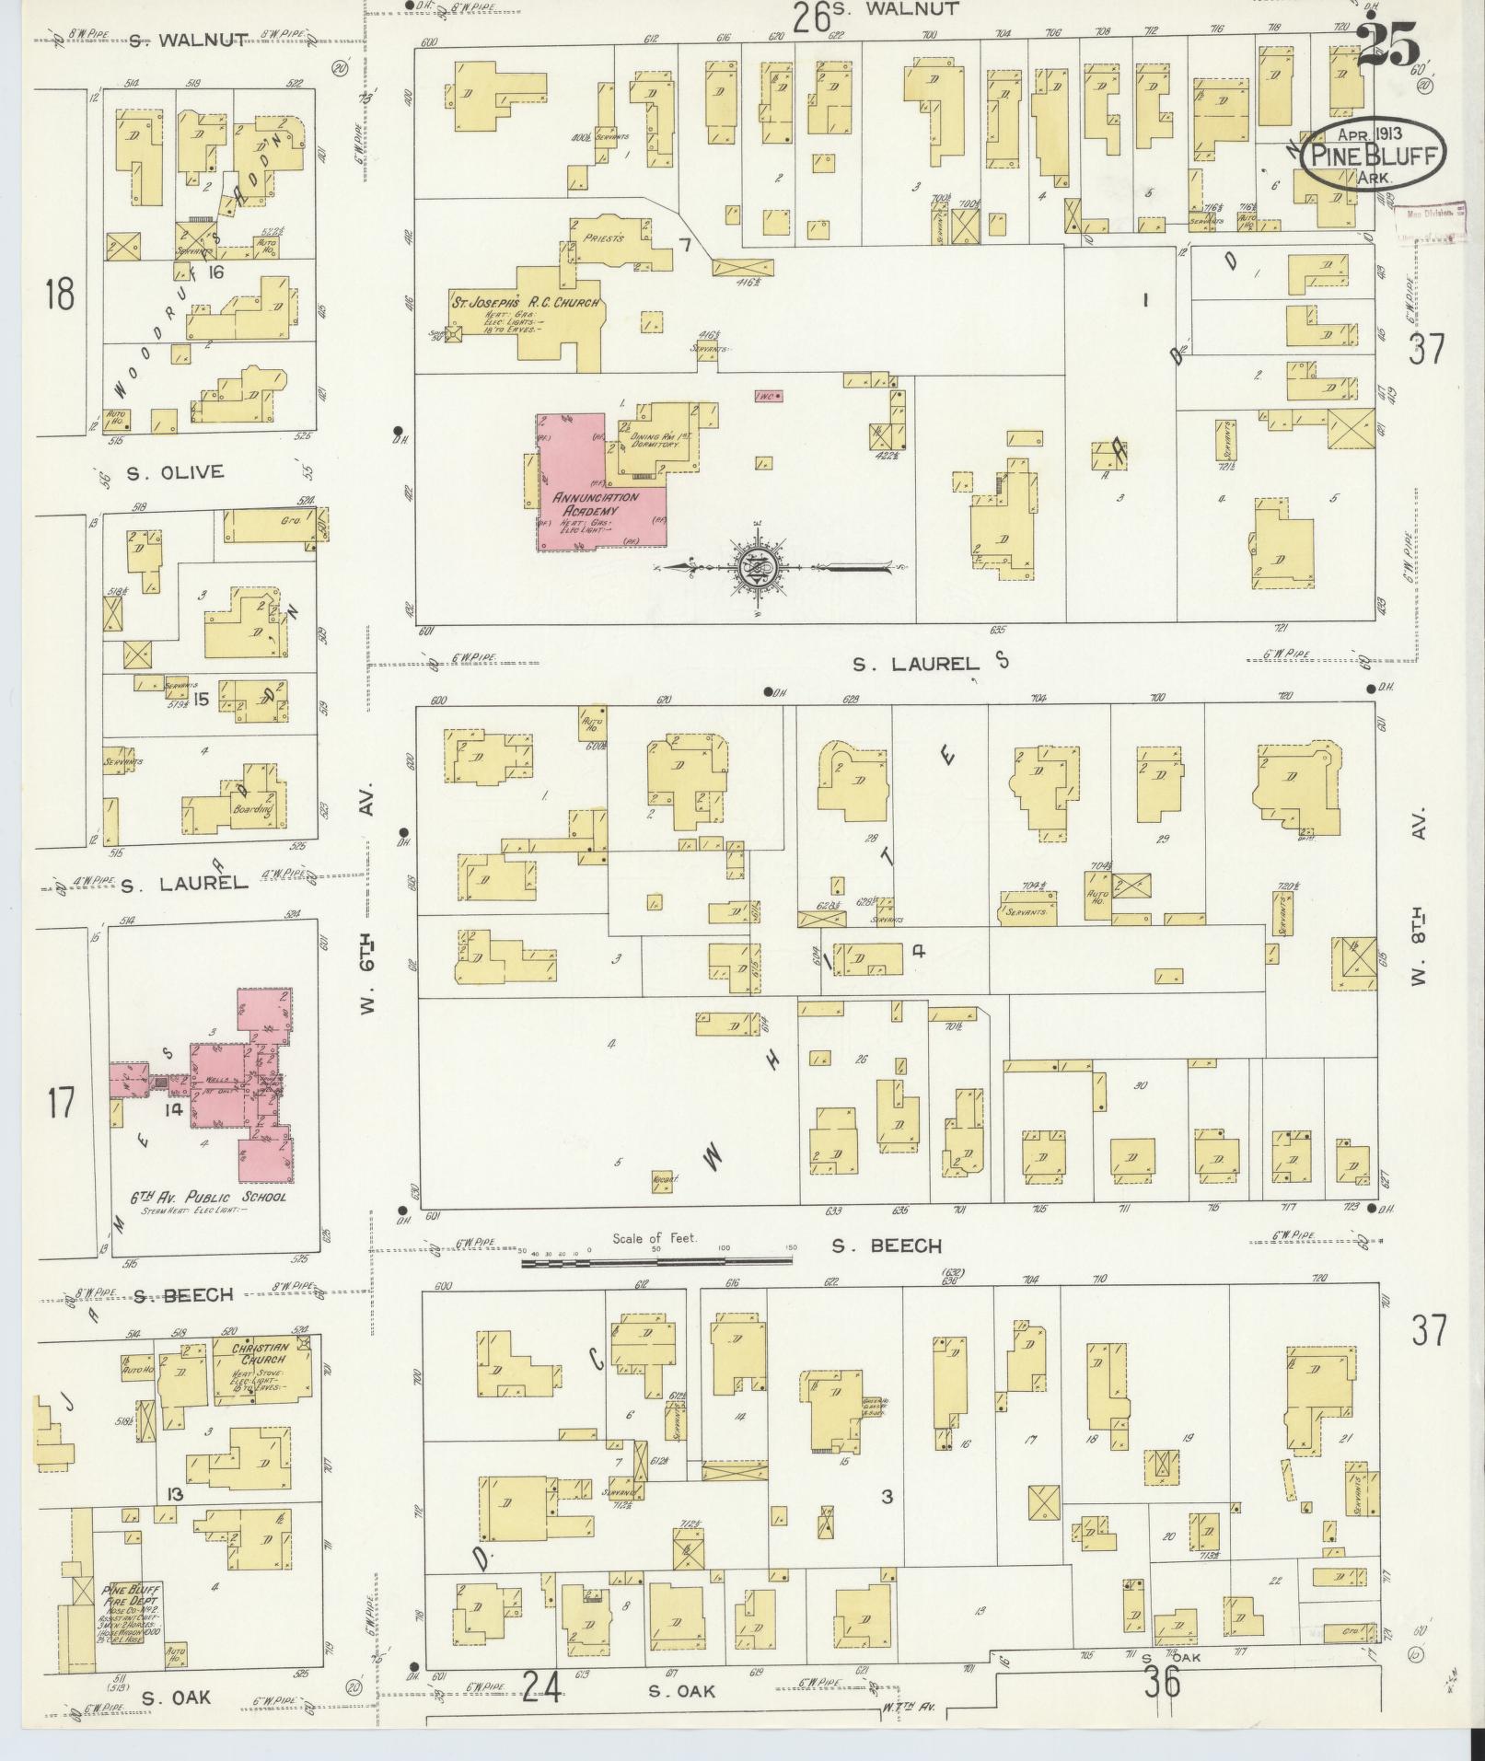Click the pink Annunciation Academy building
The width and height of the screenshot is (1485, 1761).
589,497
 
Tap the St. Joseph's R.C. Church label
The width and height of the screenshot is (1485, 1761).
526,303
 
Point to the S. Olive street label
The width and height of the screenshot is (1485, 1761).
175,472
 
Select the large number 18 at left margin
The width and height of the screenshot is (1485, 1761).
60,296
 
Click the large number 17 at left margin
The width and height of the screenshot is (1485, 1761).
61,1102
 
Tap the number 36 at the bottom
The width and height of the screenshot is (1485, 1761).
1162,1683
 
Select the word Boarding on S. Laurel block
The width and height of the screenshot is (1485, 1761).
253,810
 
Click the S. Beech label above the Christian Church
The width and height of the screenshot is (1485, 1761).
182,1295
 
